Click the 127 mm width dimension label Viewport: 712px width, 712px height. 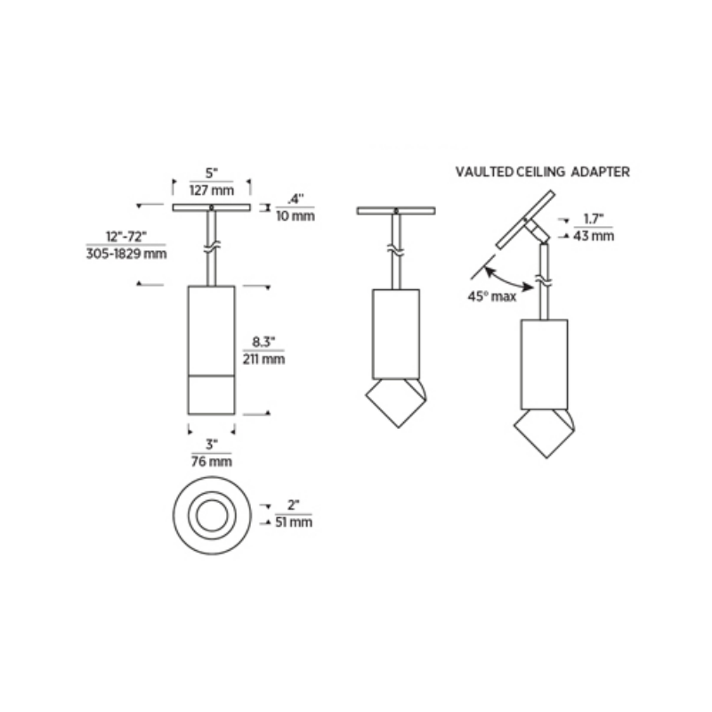211,190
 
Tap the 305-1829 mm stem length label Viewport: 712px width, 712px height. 125,253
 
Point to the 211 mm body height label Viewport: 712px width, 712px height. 263,360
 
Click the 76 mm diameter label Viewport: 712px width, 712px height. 212,461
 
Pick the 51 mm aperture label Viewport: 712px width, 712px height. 294,522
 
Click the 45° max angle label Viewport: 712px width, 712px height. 492,296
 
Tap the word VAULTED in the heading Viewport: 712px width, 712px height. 483,172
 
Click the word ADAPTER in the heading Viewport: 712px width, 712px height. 602,172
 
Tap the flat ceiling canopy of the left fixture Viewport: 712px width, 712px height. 211,209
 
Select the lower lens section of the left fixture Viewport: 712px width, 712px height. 212,393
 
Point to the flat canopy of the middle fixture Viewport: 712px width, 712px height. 395,211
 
